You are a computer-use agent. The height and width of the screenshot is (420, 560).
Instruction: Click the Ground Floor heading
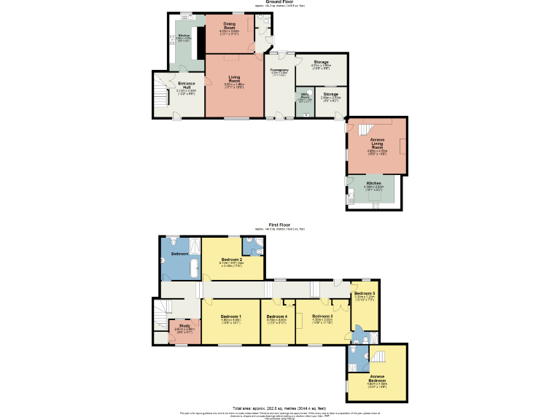point(279,2)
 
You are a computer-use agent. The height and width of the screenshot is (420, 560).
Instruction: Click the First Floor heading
point(279,225)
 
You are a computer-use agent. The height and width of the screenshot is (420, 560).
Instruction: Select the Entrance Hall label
point(187,85)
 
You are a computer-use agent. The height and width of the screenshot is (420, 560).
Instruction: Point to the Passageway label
point(279,70)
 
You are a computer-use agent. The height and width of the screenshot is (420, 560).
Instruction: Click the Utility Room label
point(303,96)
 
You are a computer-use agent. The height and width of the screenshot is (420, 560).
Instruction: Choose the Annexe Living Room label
point(377,144)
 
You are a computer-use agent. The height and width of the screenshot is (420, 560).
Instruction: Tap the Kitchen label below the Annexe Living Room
point(373,183)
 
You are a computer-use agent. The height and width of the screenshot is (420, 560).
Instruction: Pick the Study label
point(184,325)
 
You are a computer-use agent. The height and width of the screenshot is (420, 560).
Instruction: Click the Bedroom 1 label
point(230,316)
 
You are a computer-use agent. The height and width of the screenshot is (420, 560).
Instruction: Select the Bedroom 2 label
point(231,260)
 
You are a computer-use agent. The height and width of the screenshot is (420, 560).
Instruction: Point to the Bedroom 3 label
point(322,316)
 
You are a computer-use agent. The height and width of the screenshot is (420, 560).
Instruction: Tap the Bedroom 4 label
point(276,316)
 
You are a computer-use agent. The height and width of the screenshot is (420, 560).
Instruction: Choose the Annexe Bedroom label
point(377,378)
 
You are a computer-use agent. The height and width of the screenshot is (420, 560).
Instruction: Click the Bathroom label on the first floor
point(179,253)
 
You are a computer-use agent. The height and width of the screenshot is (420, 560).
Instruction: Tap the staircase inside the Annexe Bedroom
point(377,357)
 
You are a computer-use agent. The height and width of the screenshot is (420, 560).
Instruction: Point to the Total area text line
point(279,408)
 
